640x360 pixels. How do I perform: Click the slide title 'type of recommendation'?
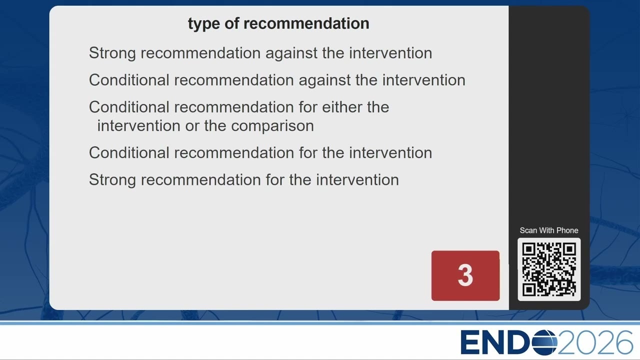point(278,23)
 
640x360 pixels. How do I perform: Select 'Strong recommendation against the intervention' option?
point(260,53)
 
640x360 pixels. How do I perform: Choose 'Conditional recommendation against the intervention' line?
point(277,80)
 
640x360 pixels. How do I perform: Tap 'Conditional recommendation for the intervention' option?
point(260,153)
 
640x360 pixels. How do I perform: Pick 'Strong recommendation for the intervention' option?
point(243,180)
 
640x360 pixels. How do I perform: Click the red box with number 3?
point(465,275)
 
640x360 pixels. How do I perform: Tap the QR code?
point(549,269)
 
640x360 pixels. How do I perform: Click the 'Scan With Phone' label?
point(549,230)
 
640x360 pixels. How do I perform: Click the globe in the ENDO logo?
point(544,342)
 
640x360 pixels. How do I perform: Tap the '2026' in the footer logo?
point(595,342)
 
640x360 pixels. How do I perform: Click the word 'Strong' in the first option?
point(112,53)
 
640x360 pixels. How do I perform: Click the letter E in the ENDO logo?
point(470,342)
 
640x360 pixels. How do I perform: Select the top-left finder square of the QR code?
point(528,249)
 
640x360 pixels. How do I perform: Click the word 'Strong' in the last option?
point(112,180)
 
